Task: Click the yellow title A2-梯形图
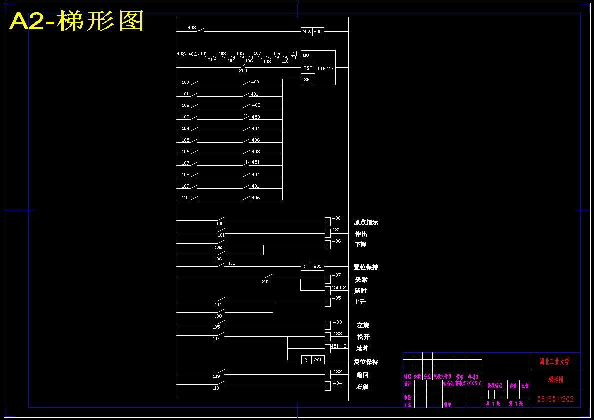tap(77, 22)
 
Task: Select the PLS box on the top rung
tap(306, 32)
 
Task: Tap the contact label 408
tap(192, 27)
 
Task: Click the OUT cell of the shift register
tap(307, 55)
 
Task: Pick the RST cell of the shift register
tap(308, 68)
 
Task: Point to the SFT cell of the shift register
tap(308, 79)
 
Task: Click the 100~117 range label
tap(325, 68)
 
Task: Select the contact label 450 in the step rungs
tap(256, 117)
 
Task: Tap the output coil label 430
tap(336, 218)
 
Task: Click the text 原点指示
tap(366, 222)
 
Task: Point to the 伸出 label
tap(361, 234)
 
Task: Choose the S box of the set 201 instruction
tap(305, 267)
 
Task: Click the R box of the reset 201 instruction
tap(306, 360)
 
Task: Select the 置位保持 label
tap(366, 267)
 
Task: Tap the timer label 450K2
tap(338, 288)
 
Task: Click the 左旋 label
tap(363, 325)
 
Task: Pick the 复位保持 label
tap(366, 362)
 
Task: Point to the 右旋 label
tap(362, 387)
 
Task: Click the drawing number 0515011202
tap(555, 399)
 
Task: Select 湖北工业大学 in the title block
tap(555, 361)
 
